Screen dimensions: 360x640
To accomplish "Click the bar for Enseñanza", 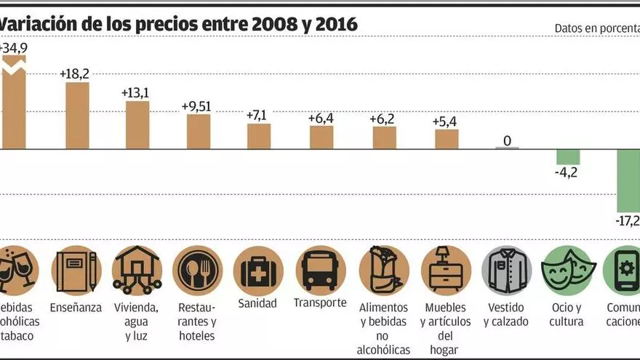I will tap(77, 116).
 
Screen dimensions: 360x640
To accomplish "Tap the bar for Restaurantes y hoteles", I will tap(199, 132).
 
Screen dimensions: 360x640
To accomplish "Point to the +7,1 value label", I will tap(259, 115).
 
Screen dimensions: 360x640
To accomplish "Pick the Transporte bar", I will tap(321, 137).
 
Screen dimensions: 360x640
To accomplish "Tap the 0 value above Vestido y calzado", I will tap(508, 140).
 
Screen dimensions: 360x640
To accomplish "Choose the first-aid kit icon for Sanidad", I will tap(258, 271).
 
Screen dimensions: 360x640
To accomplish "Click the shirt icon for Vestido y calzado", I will tap(507, 271).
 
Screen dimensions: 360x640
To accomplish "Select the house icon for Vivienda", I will tap(137, 271).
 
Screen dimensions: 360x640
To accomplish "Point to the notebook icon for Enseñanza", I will tap(76, 271).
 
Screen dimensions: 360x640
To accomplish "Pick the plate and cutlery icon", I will tap(198, 271).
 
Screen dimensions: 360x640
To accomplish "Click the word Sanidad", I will tap(258, 303).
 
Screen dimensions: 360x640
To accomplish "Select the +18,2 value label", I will tap(74, 73).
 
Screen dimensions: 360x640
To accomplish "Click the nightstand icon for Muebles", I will tap(445, 271).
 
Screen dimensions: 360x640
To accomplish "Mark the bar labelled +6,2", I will tap(384, 137).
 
